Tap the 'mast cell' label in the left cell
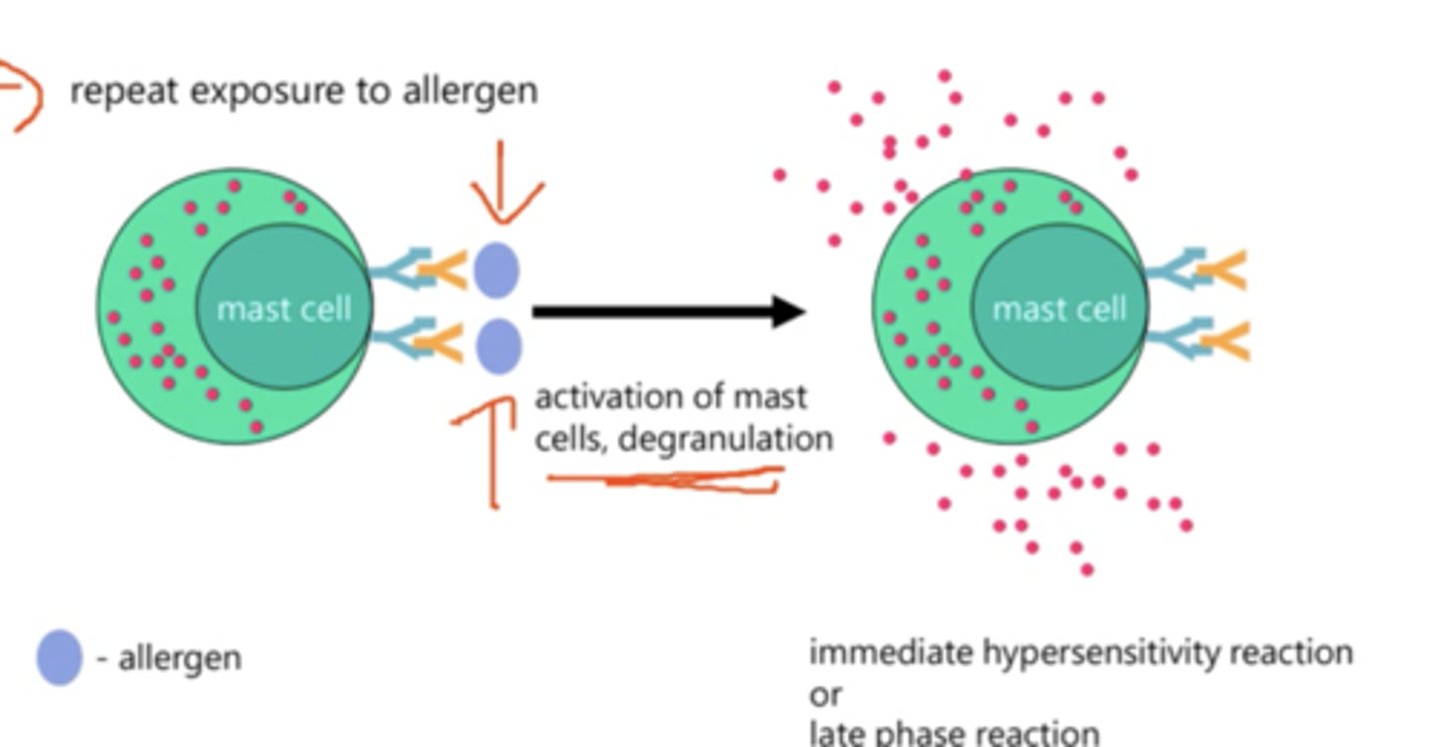click(284, 309)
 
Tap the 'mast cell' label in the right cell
click(1059, 309)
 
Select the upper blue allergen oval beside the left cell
click(495, 270)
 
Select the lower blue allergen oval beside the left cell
click(497, 346)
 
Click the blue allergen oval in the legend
click(59, 657)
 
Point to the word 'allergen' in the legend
click(180, 658)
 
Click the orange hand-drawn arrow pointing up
click(490, 449)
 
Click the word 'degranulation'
click(725, 438)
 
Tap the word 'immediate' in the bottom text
click(891, 652)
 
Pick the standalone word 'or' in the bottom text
click(826, 693)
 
